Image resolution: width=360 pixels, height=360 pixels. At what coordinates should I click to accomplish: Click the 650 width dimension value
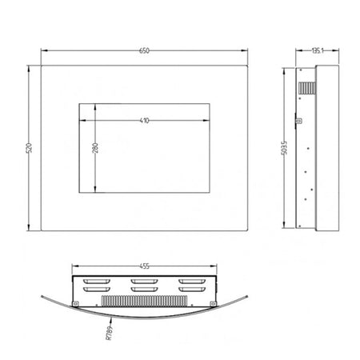tap(144, 50)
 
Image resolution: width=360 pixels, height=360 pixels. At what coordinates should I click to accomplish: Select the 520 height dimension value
tap(29, 148)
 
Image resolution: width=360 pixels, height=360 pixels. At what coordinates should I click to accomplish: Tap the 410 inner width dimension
tap(144, 121)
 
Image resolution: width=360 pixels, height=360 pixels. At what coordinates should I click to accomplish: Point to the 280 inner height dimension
tap(95, 148)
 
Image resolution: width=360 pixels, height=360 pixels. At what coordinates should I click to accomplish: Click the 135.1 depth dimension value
tap(318, 50)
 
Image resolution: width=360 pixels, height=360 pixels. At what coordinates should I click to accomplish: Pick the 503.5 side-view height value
tap(284, 148)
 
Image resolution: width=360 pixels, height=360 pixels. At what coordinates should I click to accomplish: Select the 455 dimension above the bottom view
tap(144, 266)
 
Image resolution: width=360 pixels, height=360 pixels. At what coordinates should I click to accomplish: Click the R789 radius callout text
tap(110, 333)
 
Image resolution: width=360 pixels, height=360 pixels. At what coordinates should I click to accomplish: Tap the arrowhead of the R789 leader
tap(111, 321)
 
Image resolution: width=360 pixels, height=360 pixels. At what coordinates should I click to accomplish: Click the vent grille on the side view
tap(307, 88)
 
